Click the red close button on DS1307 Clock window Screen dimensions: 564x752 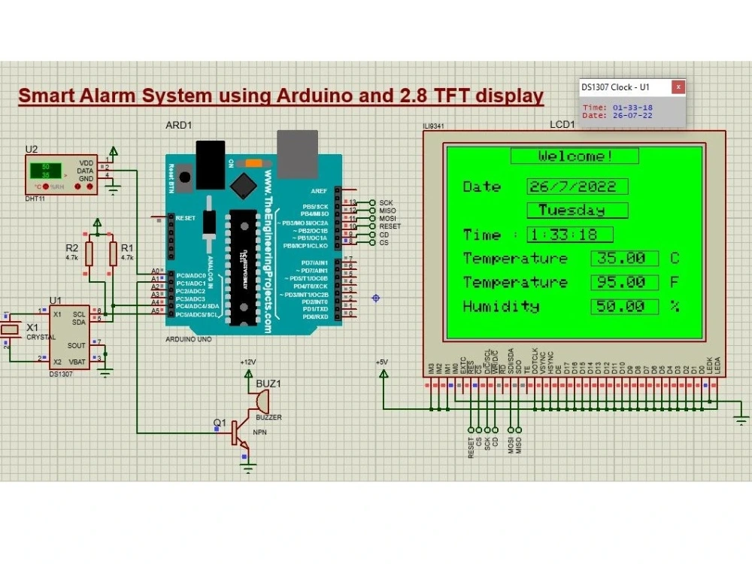coord(678,87)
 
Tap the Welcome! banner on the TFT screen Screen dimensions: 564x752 coord(575,156)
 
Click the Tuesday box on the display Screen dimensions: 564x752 coord(578,210)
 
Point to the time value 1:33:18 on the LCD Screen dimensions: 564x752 coord(569,235)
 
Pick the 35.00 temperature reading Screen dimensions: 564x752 coord(624,258)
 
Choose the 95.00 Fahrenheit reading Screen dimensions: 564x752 coord(624,282)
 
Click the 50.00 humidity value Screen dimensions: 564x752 coord(624,306)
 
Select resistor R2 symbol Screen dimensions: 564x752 coord(89,253)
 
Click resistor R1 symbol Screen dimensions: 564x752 coord(113,253)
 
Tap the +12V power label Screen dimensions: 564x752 coord(247,362)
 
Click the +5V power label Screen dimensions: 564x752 coord(382,362)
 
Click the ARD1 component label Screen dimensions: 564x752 coord(179,125)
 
